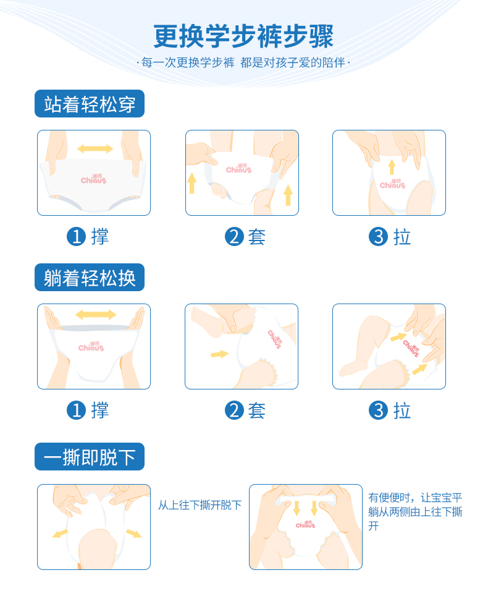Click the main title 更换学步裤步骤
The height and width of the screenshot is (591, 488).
pyautogui.click(x=243, y=36)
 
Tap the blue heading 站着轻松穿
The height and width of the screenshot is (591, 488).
pyautogui.click(x=90, y=104)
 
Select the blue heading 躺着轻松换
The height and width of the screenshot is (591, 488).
pyautogui.click(x=90, y=278)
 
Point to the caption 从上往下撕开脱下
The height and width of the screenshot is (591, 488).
pyautogui.click(x=200, y=505)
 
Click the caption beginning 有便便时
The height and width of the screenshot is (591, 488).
pyautogui.click(x=415, y=511)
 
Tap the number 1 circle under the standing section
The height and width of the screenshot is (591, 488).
pyautogui.click(x=76, y=237)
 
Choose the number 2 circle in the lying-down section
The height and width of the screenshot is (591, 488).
pyautogui.click(x=234, y=410)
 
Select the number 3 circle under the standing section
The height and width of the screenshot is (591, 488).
pyautogui.click(x=378, y=237)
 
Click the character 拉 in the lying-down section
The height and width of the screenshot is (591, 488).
pyautogui.click(x=402, y=410)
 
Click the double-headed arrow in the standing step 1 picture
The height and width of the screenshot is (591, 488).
pyautogui.click(x=95, y=148)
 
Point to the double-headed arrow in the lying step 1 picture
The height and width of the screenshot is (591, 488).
pyautogui.click(x=96, y=314)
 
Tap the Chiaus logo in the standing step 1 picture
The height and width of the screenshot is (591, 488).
pyautogui.click(x=93, y=179)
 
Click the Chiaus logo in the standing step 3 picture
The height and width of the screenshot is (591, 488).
pyautogui.click(x=392, y=184)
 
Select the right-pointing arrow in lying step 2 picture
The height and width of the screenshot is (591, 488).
pyautogui.click(x=219, y=354)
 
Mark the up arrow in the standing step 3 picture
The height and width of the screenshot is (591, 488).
pyautogui.click(x=392, y=167)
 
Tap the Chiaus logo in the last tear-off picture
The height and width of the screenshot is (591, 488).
pyautogui.click(x=305, y=524)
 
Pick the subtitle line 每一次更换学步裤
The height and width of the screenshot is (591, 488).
pyautogui.click(x=188, y=62)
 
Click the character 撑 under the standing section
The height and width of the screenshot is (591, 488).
pyautogui.click(x=100, y=237)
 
